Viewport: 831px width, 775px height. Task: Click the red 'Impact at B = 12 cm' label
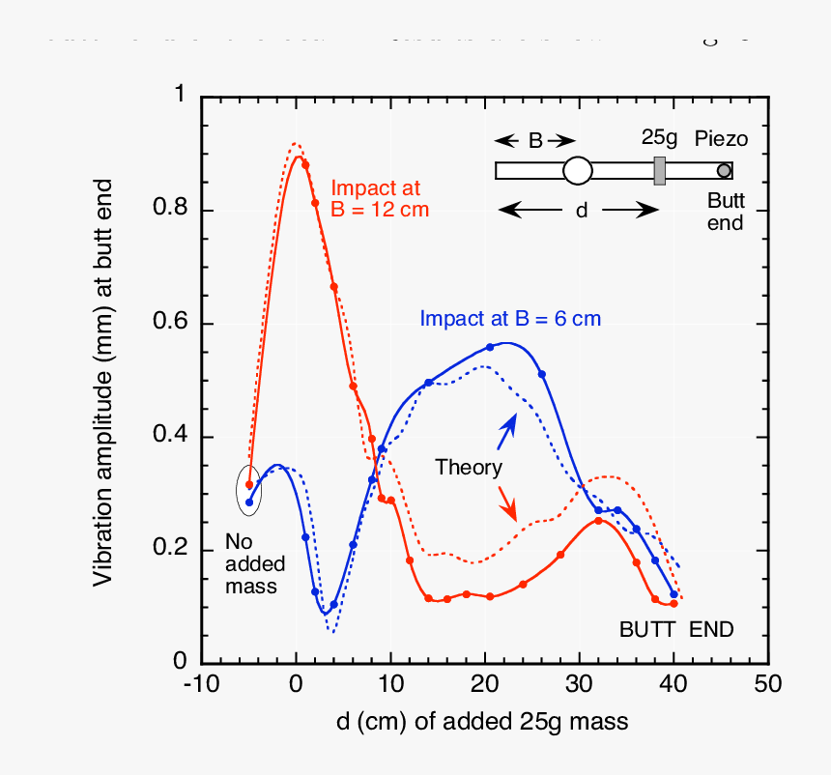coord(380,199)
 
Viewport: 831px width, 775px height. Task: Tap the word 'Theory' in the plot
coord(469,469)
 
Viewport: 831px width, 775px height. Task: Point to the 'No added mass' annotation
coord(251,563)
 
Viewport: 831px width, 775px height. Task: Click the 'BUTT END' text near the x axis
coord(676,630)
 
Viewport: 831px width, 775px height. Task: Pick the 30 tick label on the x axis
coord(579,684)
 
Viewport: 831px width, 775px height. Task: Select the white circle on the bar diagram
coord(577,171)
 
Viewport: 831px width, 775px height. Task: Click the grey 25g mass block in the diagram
coord(660,171)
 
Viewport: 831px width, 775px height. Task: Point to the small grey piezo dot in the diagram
coord(724,171)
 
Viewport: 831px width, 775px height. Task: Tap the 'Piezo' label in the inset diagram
coord(721,139)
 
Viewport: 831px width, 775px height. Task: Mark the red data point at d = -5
coord(249,485)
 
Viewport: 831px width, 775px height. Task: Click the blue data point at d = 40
coord(673,594)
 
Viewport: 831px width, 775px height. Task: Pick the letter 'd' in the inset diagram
coord(582,210)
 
